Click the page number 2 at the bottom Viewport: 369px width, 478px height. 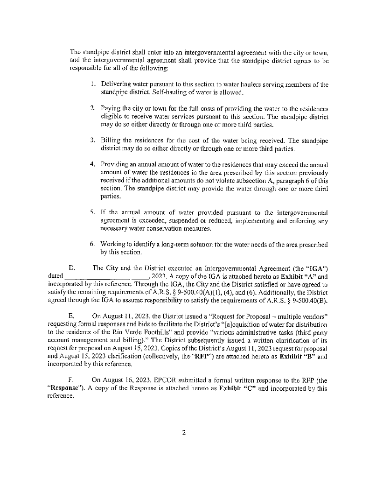pos(184,432)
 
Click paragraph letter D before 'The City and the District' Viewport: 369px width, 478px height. pos(72,268)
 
